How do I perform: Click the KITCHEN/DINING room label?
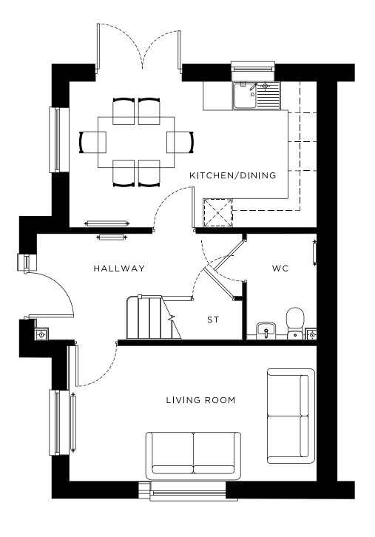232,176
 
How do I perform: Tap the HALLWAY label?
119,268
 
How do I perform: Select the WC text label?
280,268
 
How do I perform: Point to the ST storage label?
213,320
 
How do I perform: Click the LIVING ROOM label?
200,400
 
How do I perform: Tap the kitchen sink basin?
245,95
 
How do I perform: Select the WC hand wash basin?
266,330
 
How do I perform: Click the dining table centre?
136,142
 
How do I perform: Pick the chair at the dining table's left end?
92,142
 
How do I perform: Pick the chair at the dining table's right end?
180,142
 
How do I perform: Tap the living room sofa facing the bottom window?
193,456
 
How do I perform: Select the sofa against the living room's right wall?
291,416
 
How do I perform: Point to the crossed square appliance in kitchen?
218,213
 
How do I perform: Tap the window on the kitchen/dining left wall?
59,140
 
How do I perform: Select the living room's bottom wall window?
188,491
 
